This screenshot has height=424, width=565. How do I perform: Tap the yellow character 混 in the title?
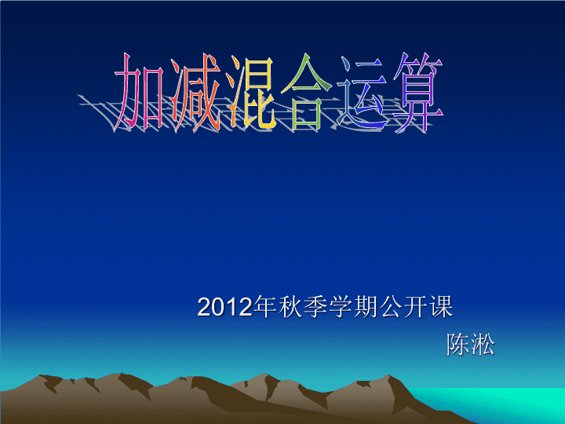tap(251, 93)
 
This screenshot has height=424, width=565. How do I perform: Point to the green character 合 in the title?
tap(306, 92)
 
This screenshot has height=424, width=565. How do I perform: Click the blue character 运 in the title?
tap(362, 93)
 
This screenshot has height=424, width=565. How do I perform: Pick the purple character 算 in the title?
tap(418, 93)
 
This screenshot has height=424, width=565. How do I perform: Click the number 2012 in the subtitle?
tap(224, 308)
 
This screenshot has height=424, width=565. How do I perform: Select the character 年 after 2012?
tap(265, 307)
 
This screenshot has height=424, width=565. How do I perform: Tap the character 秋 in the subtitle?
tap(290, 307)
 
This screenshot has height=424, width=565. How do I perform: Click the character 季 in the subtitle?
tap(315, 307)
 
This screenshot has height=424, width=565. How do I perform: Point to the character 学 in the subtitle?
tap(341, 307)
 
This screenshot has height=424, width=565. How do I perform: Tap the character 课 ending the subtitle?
tap(441, 307)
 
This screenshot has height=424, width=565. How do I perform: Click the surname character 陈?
tap(458, 345)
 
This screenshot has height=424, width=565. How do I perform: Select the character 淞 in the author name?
tap(483, 345)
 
